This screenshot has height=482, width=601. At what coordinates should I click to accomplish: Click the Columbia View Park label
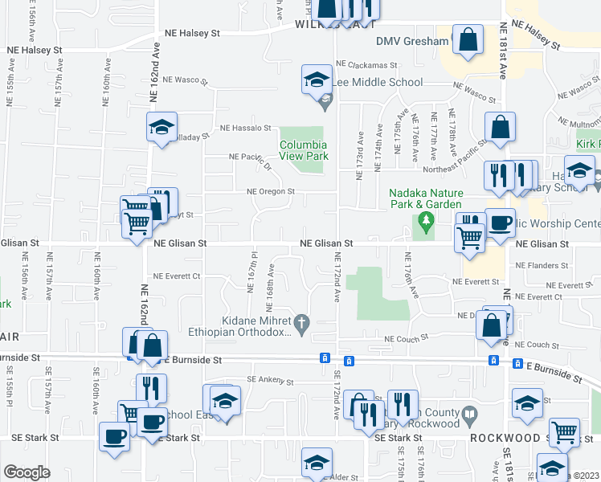pyautogui.click(x=304, y=150)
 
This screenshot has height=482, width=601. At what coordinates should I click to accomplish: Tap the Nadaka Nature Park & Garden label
pyautogui.click(x=426, y=198)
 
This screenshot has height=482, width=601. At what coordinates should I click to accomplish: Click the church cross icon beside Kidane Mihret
pyautogui.click(x=302, y=324)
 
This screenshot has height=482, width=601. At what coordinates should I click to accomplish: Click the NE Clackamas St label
pyautogui.click(x=367, y=64)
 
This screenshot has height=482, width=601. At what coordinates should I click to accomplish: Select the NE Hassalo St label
pyautogui.click(x=247, y=128)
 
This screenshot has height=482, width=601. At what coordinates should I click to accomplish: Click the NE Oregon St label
pyautogui.click(x=271, y=192)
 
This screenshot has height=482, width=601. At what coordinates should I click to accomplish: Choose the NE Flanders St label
pyautogui.click(x=542, y=265)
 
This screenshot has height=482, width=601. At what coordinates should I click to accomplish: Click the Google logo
pyautogui.click(x=27, y=472)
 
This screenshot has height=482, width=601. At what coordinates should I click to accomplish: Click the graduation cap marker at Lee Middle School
pyautogui.click(x=317, y=80)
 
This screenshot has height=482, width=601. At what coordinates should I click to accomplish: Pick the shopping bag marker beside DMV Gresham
pyautogui.click(x=468, y=39)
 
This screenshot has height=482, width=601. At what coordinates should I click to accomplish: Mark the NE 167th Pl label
pyautogui.click(x=251, y=280)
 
